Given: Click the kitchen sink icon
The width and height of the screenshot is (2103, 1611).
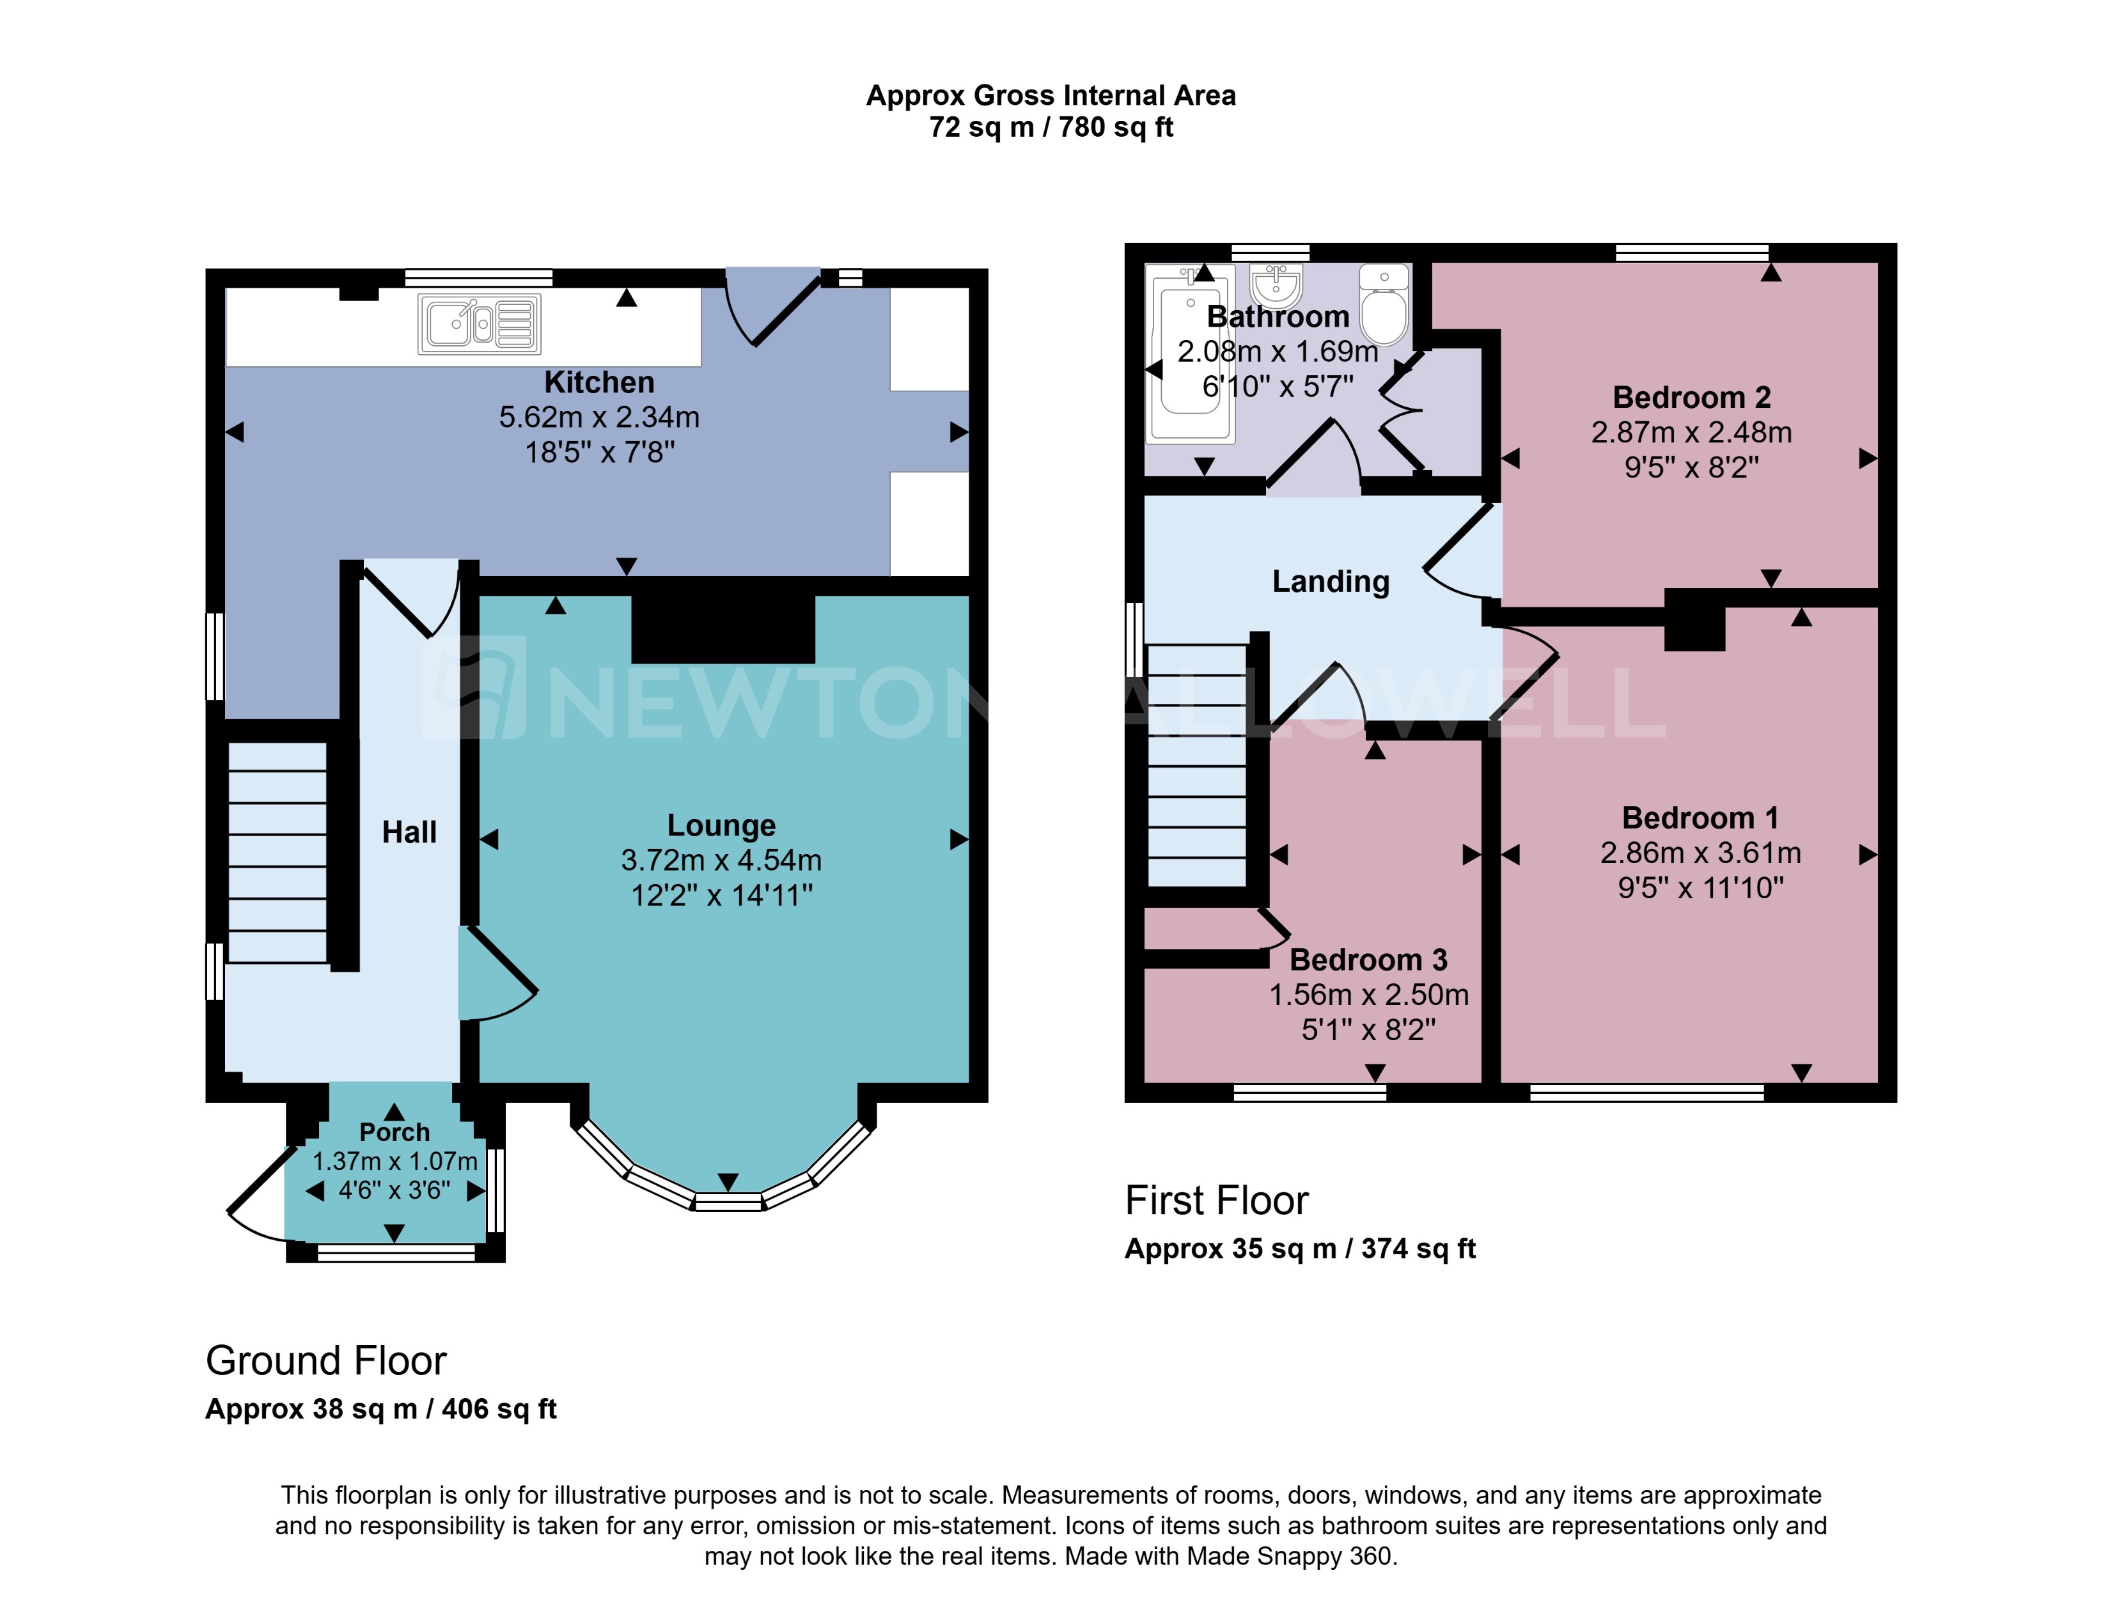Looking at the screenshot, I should pyautogui.click(x=478, y=324).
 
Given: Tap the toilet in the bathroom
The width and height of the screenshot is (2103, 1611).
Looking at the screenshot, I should pyautogui.click(x=1384, y=305).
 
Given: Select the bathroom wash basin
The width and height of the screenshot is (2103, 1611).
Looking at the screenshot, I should pyautogui.click(x=1276, y=284).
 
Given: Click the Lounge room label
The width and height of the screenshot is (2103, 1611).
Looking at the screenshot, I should pyautogui.click(x=721, y=825).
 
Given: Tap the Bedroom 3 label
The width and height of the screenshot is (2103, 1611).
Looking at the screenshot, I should pyautogui.click(x=1368, y=959).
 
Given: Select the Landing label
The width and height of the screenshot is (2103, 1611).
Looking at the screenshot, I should pyautogui.click(x=1330, y=581).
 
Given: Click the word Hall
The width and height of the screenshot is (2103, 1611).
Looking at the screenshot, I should pyautogui.click(x=409, y=831).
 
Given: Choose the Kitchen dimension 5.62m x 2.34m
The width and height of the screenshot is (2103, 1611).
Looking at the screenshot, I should pyautogui.click(x=598, y=417).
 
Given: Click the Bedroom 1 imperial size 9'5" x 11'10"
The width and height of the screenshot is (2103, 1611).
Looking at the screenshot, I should pyautogui.click(x=1700, y=888).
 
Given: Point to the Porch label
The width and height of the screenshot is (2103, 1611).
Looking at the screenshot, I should pyautogui.click(x=394, y=1132).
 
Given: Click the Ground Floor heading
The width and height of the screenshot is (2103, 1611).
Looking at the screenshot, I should pyautogui.click(x=326, y=1360).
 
